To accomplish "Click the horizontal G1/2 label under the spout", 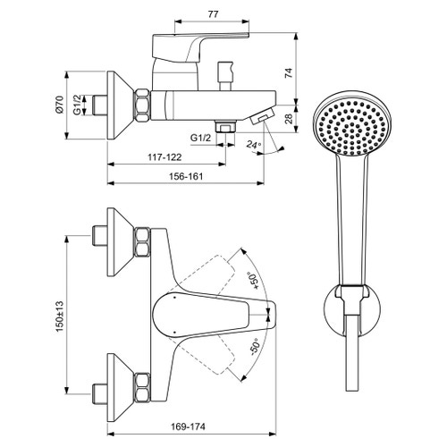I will [x=201, y=138].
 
